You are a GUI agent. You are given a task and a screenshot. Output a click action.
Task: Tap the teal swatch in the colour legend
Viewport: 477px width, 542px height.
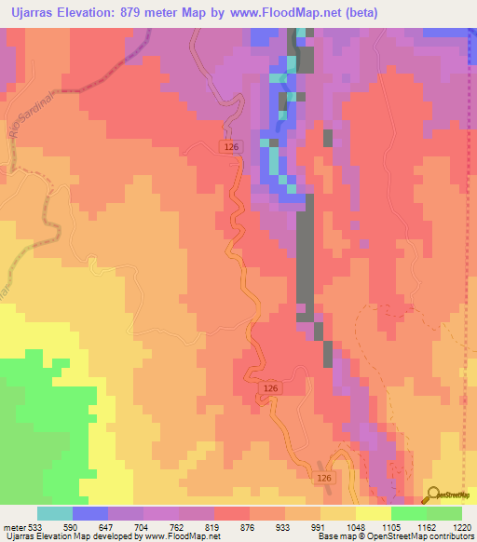coord(55,513)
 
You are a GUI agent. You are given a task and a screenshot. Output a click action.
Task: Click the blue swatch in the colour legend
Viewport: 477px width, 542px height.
coord(90,513)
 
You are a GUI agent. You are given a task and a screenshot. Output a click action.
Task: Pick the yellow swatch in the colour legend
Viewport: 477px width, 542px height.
coord(374,513)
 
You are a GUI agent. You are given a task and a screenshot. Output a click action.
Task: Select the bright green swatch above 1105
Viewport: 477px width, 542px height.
coord(409,513)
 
